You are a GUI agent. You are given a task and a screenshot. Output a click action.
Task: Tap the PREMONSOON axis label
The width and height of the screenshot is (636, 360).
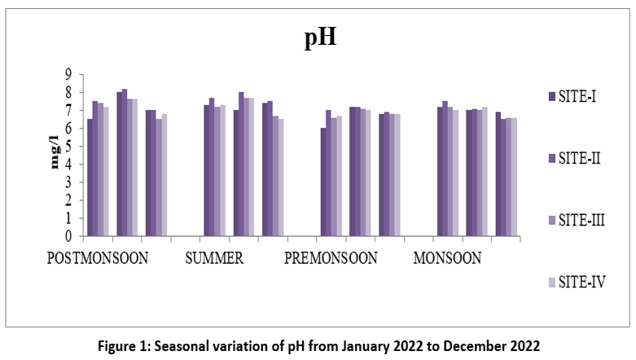point(331,259)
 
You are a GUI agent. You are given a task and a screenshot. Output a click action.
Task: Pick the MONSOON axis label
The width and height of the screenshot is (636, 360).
point(447,259)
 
